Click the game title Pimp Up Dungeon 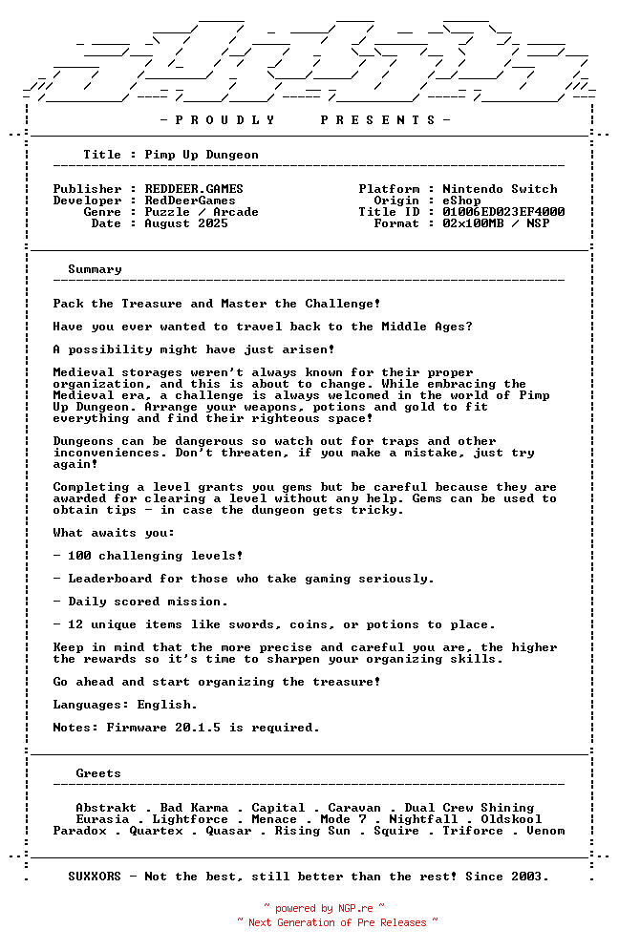(202, 155)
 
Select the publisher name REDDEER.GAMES (194, 189)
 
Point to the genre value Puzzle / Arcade (202, 212)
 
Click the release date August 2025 (186, 223)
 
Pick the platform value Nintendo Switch (500, 189)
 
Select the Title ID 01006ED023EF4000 (503, 212)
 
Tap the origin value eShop (461, 201)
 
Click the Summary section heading (95, 269)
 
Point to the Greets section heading (98, 773)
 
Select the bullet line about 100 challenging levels (148, 556)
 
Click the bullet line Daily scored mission (140, 602)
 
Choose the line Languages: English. (125, 705)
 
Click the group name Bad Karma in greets (194, 808)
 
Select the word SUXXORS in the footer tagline (95, 877)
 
